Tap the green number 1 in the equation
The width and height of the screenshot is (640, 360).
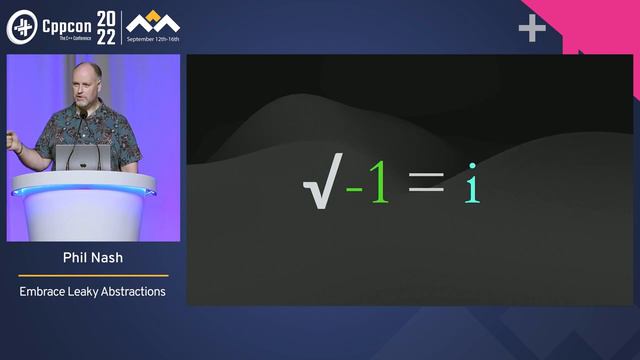pos(379,185)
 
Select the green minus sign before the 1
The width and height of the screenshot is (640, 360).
pos(354,187)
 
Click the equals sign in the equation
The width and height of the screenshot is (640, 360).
pos(426,185)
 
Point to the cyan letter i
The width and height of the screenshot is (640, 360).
pos(472,185)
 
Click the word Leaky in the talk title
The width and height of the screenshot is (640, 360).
pos(87,292)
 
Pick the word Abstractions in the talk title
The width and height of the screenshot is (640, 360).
pos(136,292)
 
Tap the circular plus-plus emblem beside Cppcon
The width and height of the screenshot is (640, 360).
pos(22,27)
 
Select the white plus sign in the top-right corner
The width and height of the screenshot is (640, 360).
pos(532,29)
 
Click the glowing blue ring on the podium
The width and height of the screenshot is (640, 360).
pos(84,190)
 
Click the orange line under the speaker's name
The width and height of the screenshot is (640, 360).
pos(93,275)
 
